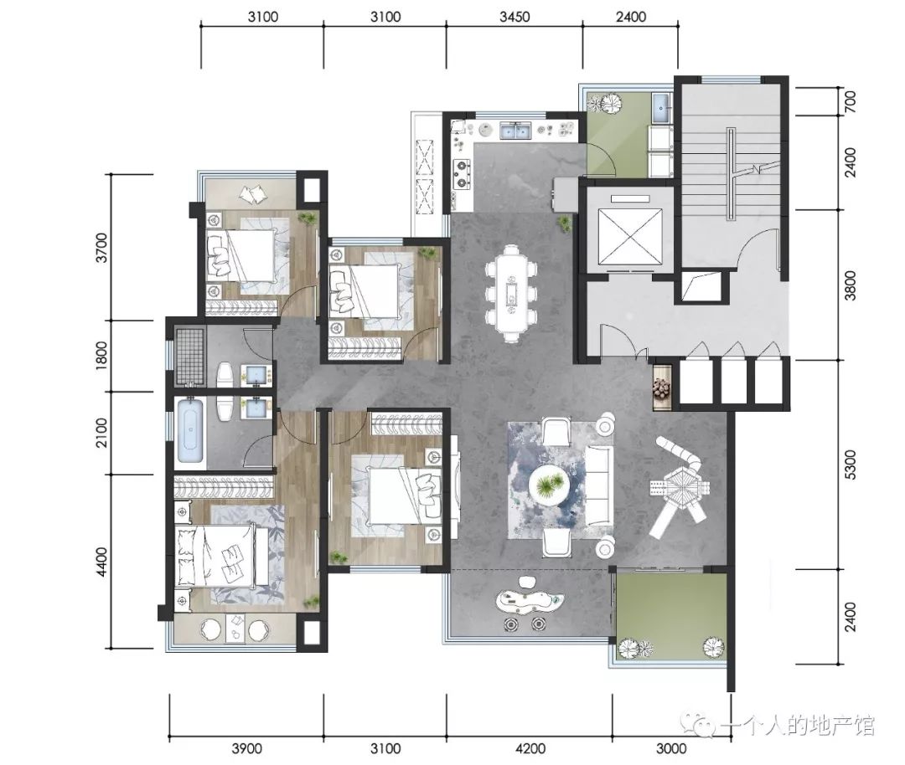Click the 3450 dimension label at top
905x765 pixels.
(x=515, y=16)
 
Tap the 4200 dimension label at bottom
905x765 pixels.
(x=530, y=748)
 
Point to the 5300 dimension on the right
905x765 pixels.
(x=850, y=465)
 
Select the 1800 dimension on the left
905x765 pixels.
(x=101, y=355)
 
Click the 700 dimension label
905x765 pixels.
(x=850, y=101)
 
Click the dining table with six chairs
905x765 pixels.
(x=511, y=294)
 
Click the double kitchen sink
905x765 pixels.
(x=515, y=131)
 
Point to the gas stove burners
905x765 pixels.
(x=462, y=175)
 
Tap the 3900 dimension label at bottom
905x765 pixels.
(x=246, y=748)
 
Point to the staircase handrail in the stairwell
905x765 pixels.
(x=732, y=173)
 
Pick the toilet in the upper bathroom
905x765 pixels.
(x=225, y=375)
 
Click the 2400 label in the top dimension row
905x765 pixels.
(x=630, y=16)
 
